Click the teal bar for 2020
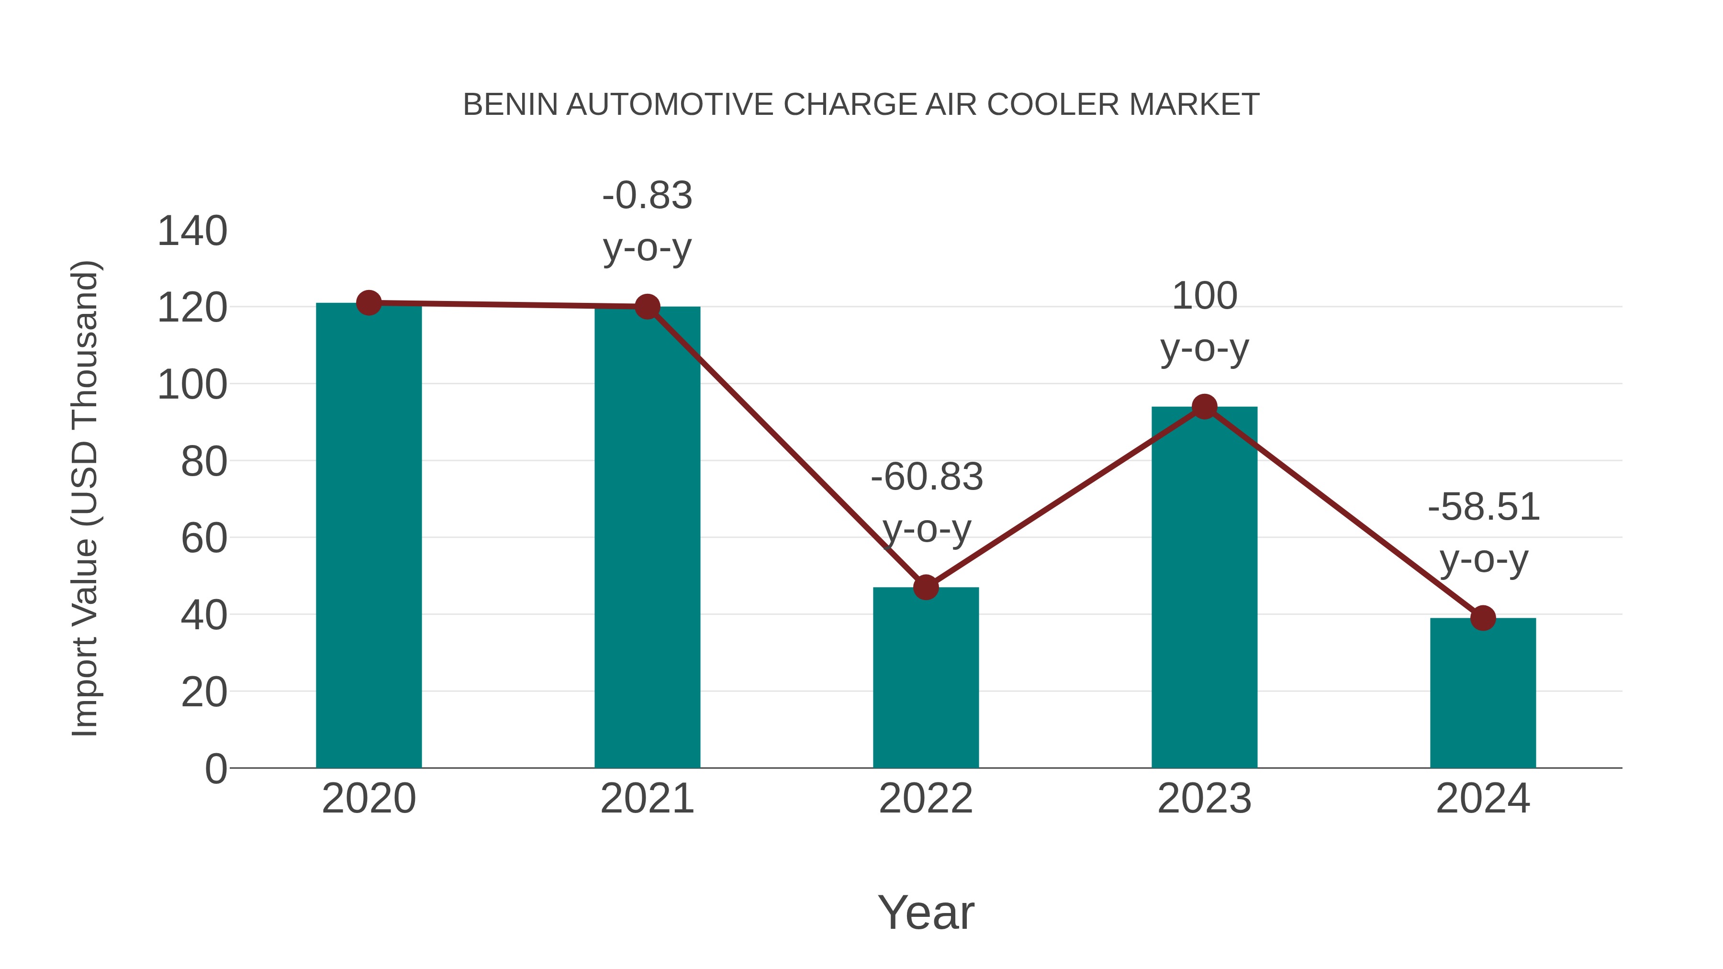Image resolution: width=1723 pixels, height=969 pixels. pyautogui.click(x=369, y=535)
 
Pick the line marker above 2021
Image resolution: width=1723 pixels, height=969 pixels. pyautogui.click(x=647, y=307)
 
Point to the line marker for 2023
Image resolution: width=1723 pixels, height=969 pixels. pyautogui.click(x=1204, y=407)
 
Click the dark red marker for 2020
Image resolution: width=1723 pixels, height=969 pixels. pyautogui.click(x=369, y=303)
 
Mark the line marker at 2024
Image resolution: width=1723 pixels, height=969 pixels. pyautogui.click(x=1483, y=618)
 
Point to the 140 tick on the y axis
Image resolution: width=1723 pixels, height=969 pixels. pyautogui.click(x=192, y=232)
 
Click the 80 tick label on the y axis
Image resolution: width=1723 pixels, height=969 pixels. pyautogui.click(x=203, y=461)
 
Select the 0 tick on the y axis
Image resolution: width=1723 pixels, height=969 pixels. pyautogui.click(x=215, y=769)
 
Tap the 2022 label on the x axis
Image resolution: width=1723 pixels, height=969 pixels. pyautogui.click(x=926, y=799)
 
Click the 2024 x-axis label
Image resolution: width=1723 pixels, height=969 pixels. pyautogui.click(x=1483, y=799)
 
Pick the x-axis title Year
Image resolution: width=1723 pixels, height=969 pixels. pyautogui.click(x=926, y=912)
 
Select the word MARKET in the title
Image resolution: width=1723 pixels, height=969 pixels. pyautogui.click(x=1194, y=105)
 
